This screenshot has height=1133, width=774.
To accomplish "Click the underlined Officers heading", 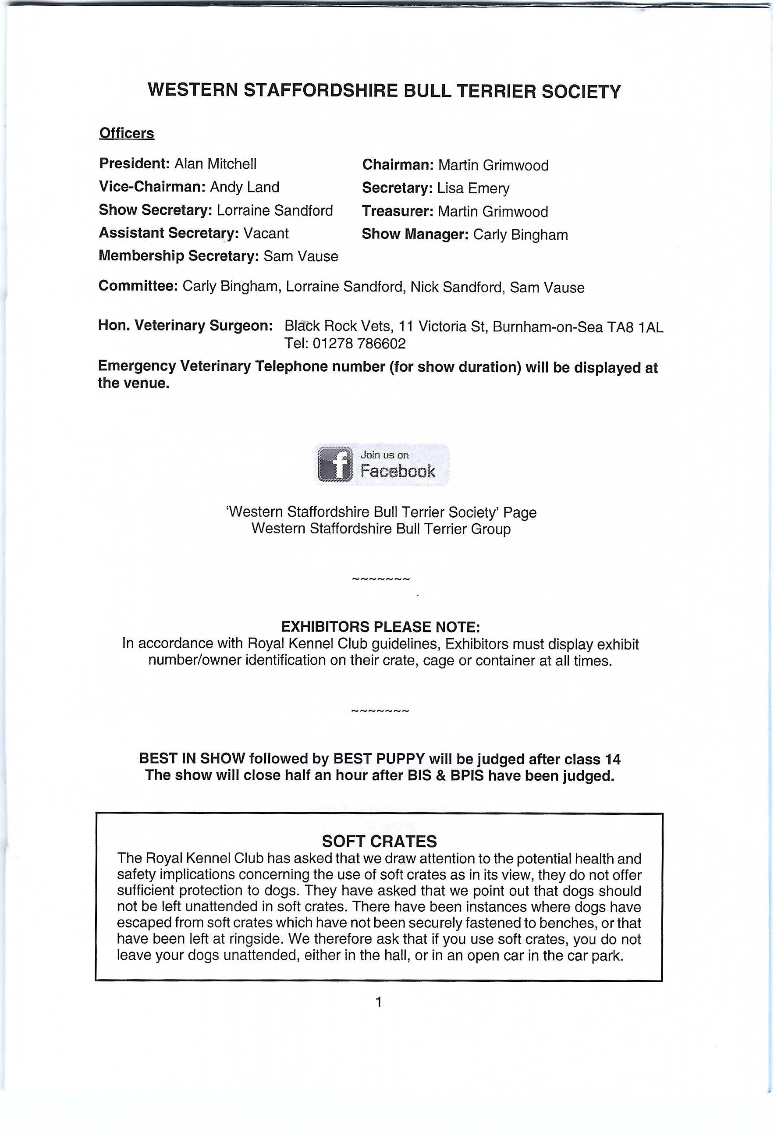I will click(127, 133).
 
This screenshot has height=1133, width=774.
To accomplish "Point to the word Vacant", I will click(266, 233).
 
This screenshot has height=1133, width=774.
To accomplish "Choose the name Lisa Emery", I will click(473, 188).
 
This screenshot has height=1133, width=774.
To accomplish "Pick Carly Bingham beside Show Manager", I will click(520, 234).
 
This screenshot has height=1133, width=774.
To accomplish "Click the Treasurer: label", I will click(397, 211).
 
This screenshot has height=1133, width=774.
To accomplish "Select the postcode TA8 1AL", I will click(635, 327).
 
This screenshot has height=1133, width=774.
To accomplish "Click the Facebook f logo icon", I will click(335, 464).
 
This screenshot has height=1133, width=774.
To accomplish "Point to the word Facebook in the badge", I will click(397, 471).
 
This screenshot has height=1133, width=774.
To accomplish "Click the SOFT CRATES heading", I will click(379, 841).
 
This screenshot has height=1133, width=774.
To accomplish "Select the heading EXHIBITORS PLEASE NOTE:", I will click(380, 626).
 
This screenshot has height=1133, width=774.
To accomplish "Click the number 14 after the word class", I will click(612, 759).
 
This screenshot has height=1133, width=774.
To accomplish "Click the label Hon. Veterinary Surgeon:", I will click(185, 325).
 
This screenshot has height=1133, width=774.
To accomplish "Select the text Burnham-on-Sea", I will click(547, 327).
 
